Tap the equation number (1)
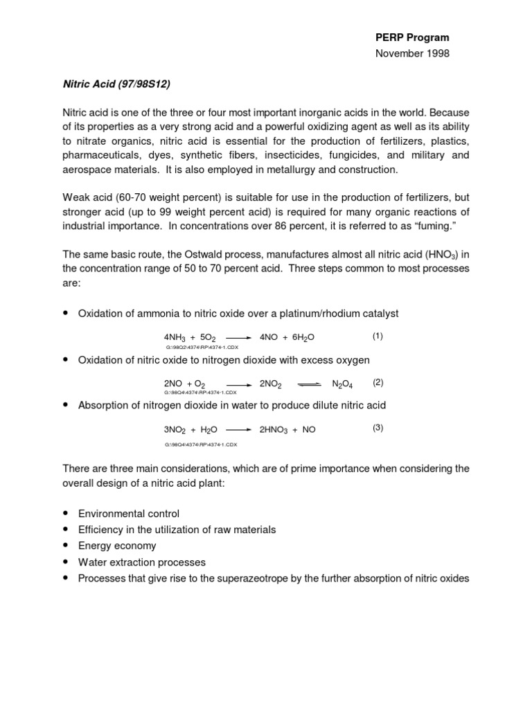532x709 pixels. coord(378,336)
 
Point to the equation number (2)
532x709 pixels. coord(378,382)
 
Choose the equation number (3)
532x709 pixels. coord(378,427)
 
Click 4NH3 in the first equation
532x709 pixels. coord(176,338)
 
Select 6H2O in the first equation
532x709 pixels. coord(303,337)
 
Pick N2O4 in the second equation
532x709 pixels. coord(343,383)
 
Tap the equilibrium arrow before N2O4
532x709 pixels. coord(310,383)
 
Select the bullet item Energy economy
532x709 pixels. coord(117,546)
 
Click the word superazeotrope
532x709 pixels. coord(242,578)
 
